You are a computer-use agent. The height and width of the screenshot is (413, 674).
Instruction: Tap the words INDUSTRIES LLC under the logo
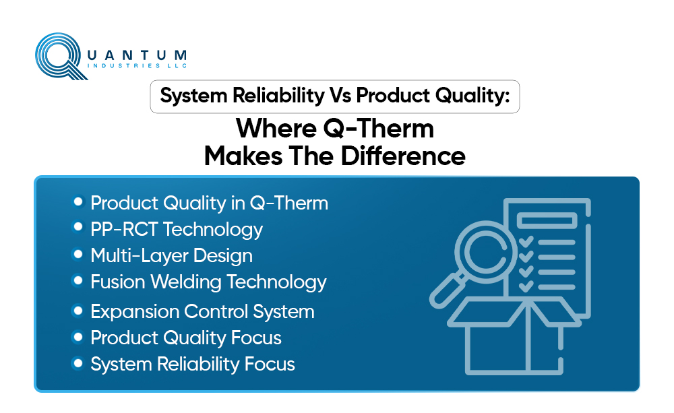137,66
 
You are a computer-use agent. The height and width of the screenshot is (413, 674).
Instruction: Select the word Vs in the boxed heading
340,95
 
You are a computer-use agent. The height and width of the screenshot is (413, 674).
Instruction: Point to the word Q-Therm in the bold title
378,129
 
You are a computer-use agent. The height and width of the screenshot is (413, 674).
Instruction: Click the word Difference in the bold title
403,156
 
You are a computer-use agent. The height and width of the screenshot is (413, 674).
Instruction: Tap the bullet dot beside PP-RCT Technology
78,226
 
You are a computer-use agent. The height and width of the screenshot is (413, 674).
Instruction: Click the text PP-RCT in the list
124,229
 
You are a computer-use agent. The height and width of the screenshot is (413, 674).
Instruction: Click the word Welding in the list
186,282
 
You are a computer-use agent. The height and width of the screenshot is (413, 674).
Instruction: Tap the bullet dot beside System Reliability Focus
78,364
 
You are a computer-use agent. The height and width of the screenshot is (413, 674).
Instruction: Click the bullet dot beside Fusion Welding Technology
78,281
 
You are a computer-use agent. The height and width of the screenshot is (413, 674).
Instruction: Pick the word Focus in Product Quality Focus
256,338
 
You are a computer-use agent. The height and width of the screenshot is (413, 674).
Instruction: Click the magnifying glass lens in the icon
487,251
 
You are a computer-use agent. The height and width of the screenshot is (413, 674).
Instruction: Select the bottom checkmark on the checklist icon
526,286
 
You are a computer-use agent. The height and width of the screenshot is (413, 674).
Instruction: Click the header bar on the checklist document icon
547,220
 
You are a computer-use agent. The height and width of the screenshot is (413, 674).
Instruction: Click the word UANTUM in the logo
137,55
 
